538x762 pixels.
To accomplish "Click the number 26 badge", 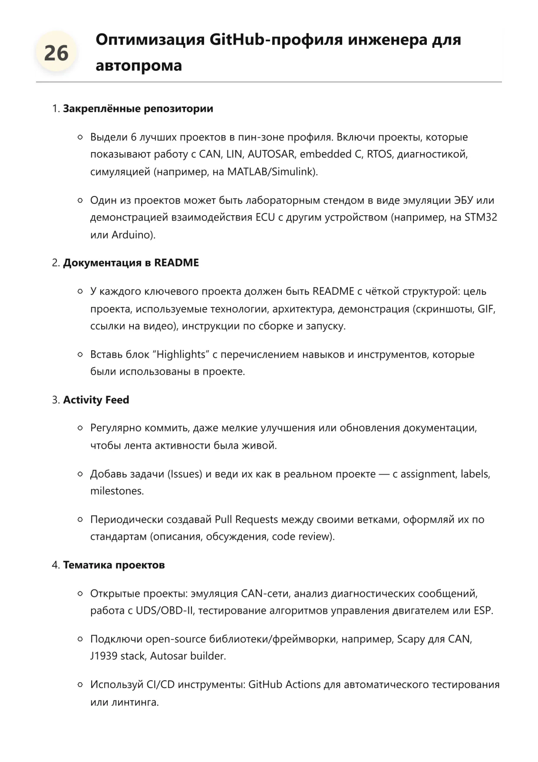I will click(56, 53).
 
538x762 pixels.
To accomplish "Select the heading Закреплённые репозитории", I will click(138, 109).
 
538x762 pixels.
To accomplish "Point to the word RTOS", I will click(379, 154).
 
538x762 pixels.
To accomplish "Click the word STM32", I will click(481, 217).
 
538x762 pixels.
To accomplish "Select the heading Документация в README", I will click(131, 263).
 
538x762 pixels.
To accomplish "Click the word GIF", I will click(486, 309).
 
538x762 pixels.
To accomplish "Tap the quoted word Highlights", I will click(181, 355).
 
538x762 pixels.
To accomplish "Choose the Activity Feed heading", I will click(96, 400).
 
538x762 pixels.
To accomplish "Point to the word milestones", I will click(116, 491).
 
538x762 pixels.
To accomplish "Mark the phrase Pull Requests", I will click(246, 519).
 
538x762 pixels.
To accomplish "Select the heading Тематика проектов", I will click(114, 565).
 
